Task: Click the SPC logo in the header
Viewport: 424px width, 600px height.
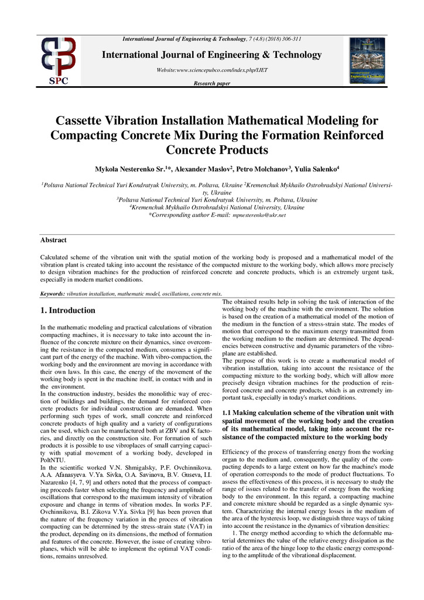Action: pos(59,61)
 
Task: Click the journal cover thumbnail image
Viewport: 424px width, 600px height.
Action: pos(367,61)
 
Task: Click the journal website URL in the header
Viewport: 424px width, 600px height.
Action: pos(212,70)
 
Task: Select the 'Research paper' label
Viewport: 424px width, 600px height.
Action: pos(212,84)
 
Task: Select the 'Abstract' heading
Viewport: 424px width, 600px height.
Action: pos(53,240)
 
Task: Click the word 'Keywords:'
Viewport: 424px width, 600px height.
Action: pos(53,293)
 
